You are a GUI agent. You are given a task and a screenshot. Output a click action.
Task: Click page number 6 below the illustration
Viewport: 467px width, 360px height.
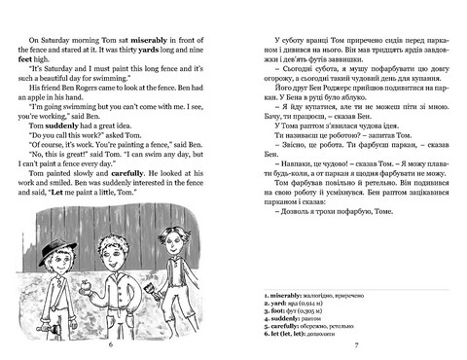(x=111, y=345)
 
